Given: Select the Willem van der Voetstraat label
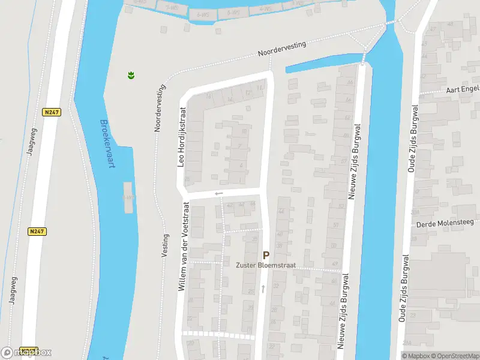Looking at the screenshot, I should pyautogui.click(x=182, y=246).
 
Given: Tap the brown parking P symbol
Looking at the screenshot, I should pyautogui.click(x=266, y=255).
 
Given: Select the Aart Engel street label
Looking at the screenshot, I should pyautogui.click(x=463, y=89).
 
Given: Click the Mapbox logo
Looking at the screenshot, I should pyautogui.click(x=26, y=353).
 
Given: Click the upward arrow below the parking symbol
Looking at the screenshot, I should pyautogui.click(x=263, y=289).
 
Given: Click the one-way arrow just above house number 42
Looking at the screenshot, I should pyautogui.click(x=218, y=193).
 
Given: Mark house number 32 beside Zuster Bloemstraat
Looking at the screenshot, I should pyautogui.click(x=276, y=286).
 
